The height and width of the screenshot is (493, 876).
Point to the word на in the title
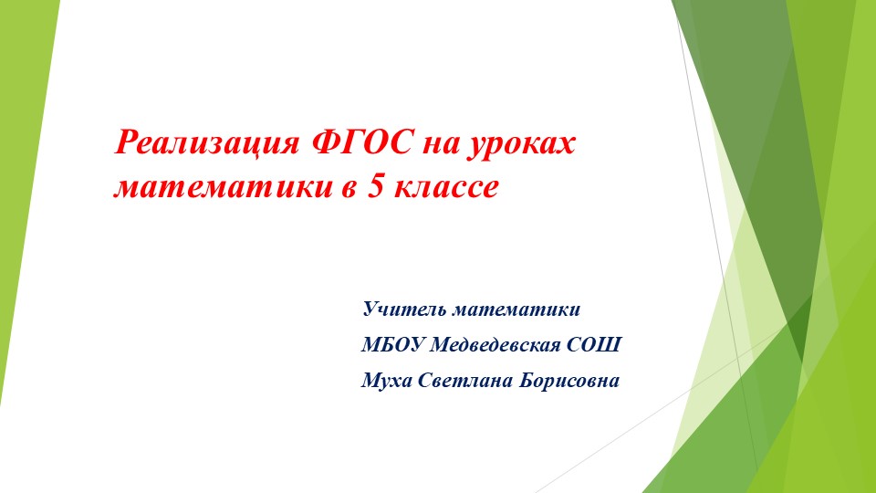(441, 146)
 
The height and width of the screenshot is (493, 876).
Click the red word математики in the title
(224, 188)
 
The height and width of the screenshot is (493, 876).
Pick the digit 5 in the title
(375, 185)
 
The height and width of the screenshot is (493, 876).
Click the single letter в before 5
(349, 188)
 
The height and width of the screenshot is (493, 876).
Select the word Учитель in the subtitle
(404, 309)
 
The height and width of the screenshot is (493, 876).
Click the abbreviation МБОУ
(392, 344)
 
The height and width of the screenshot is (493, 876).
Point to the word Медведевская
(495, 344)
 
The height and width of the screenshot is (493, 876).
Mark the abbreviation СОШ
(594, 344)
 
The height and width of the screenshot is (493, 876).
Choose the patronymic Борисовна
(569, 381)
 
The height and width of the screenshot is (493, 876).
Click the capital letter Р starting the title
(126, 142)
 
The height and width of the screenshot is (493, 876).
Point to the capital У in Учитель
(371, 309)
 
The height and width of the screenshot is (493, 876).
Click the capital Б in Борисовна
(528, 380)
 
